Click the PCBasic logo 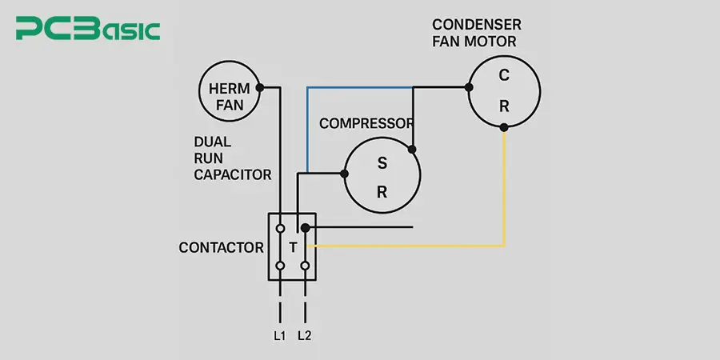(88, 30)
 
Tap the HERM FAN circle (230, 96)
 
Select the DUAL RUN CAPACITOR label (232, 158)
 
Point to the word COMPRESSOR (366, 123)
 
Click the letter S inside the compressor (382, 163)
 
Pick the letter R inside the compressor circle (382, 192)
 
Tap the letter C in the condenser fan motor (503, 76)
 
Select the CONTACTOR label (221, 248)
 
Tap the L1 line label (279, 336)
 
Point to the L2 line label (304, 336)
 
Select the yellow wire (503, 192)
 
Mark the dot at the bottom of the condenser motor (503, 127)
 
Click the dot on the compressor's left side (345, 173)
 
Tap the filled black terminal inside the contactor (305, 228)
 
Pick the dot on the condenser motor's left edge (468, 87)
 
